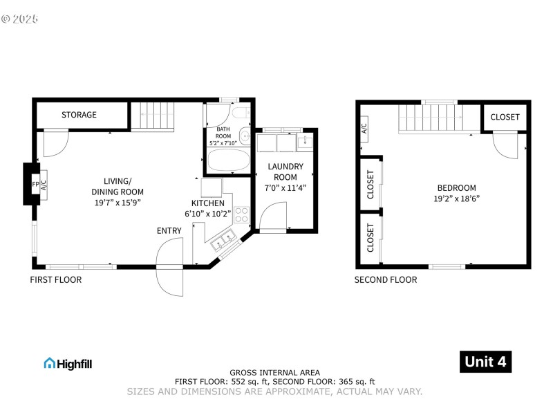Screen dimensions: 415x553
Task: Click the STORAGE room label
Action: click(79, 115)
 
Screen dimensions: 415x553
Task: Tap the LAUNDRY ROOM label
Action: click(285, 172)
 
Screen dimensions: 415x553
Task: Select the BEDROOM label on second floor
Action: click(456, 188)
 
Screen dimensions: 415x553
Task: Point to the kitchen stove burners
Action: click(241, 214)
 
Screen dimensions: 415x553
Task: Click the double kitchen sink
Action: click(223, 241)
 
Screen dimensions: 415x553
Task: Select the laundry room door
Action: click(272, 217)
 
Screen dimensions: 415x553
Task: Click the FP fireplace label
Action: click(35, 185)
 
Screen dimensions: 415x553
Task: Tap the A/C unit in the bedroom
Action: click(364, 128)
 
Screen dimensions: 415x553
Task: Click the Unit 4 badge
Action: click(486, 362)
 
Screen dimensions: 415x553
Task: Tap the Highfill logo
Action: click(68, 363)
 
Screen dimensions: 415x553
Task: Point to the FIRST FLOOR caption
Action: click(55, 280)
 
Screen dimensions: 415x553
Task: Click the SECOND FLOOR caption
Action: click(386, 280)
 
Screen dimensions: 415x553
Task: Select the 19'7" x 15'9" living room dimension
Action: click(118, 203)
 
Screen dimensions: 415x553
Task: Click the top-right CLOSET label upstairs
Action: click(505, 117)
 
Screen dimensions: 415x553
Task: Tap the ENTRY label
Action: click(169, 231)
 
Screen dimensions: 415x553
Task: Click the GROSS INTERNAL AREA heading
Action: click(274, 372)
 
